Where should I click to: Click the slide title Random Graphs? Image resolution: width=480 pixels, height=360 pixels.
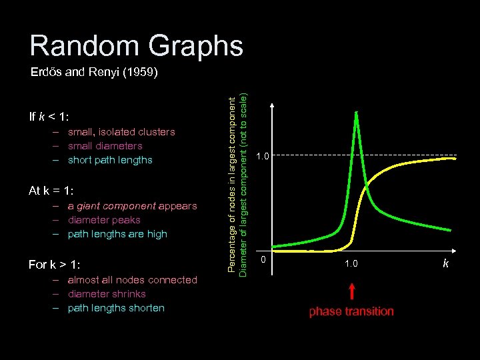(x=136, y=45)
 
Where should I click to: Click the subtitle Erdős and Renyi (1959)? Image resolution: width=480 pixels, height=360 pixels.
(x=94, y=73)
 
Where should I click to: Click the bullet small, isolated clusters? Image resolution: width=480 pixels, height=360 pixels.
(x=121, y=132)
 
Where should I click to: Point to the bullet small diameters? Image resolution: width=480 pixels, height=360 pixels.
(x=105, y=146)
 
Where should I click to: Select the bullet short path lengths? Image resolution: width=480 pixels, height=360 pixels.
(x=110, y=160)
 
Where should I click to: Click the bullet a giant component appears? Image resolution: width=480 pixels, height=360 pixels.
(x=132, y=206)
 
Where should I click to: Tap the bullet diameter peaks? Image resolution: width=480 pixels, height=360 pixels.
(x=104, y=220)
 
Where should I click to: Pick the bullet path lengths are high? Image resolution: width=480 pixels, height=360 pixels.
(x=117, y=234)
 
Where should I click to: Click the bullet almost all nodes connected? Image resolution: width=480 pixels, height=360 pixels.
(x=133, y=280)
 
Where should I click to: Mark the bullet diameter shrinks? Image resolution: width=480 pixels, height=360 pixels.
(x=107, y=294)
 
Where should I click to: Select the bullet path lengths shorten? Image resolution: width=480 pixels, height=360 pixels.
(x=116, y=308)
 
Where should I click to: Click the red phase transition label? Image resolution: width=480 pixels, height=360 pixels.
(x=351, y=311)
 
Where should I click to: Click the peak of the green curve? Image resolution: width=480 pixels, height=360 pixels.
(x=357, y=112)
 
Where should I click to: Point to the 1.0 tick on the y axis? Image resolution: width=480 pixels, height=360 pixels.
(x=263, y=157)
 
